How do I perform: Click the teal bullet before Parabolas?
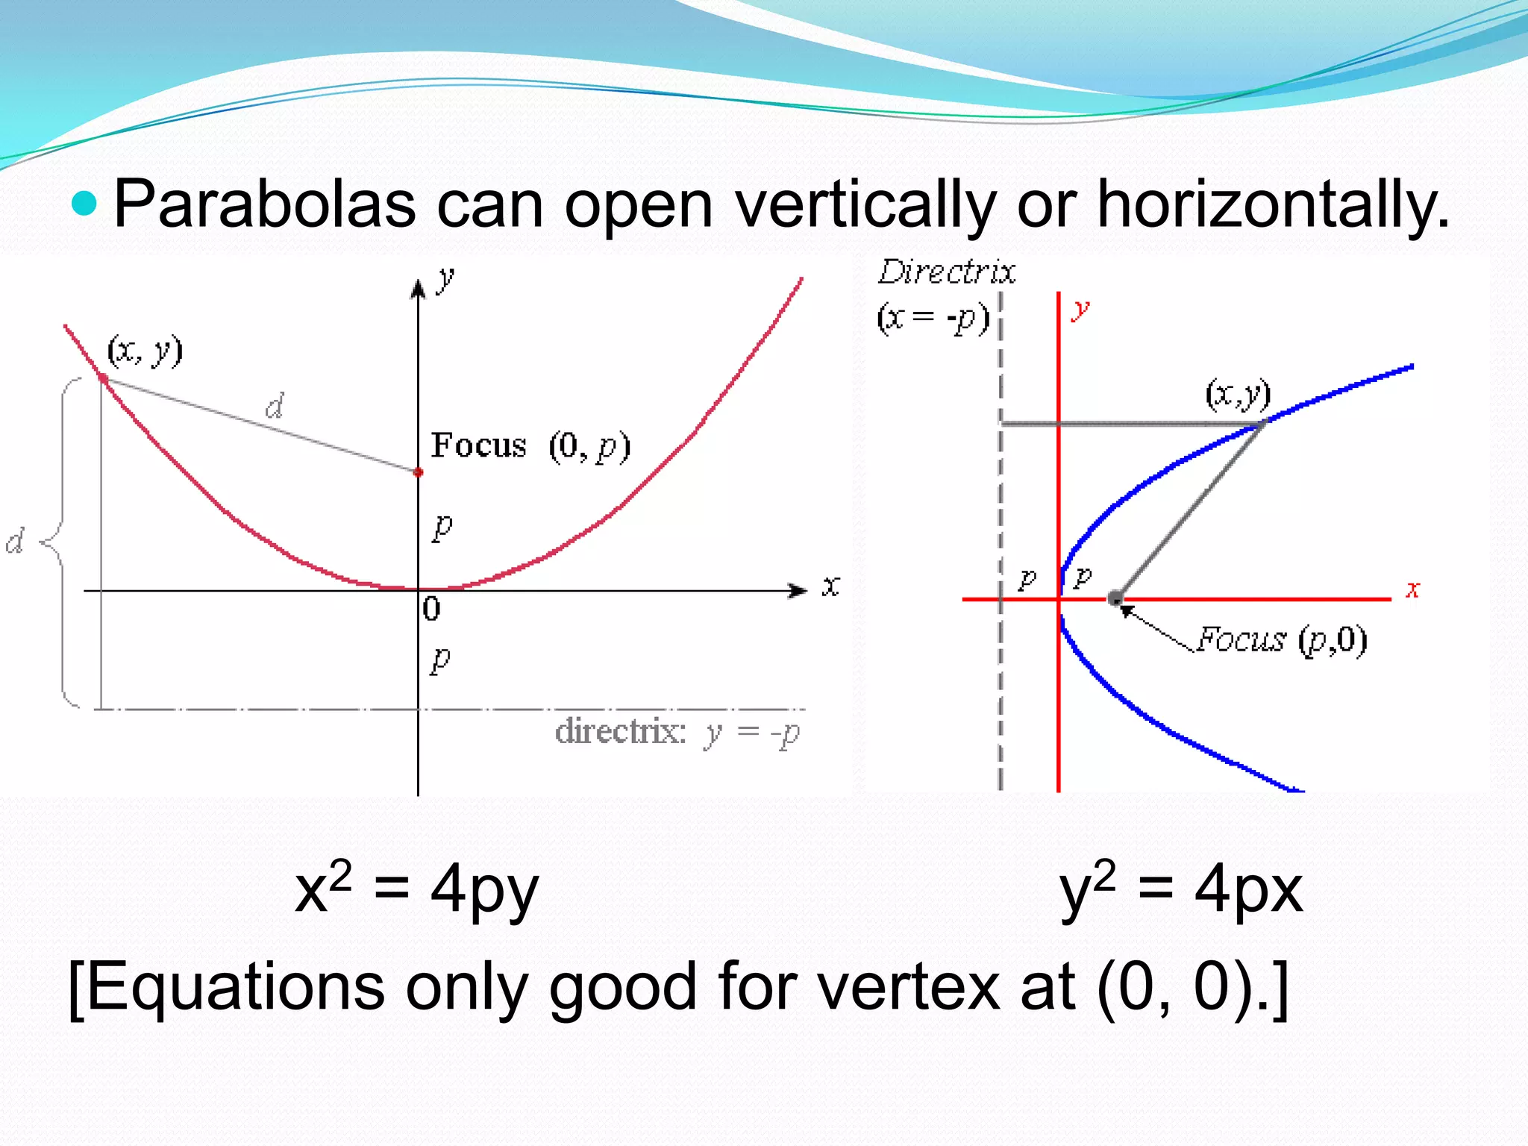coord(84,204)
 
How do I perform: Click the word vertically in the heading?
coord(865,205)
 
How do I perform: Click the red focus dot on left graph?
coord(418,472)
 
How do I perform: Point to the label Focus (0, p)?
coord(530,446)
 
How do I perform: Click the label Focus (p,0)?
coord(1281,640)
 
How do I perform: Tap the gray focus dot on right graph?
coord(1115,598)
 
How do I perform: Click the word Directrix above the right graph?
coord(946,272)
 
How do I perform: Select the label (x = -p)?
coord(933,319)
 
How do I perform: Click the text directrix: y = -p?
coord(677,732)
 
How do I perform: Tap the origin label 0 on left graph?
coord(431,610)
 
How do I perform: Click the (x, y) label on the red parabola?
coord(145,350)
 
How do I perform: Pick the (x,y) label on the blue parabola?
coord(1238,394)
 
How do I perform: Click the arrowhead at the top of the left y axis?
coord(418,288)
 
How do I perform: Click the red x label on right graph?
coord(1412,589)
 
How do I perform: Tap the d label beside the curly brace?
coord(15,541)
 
